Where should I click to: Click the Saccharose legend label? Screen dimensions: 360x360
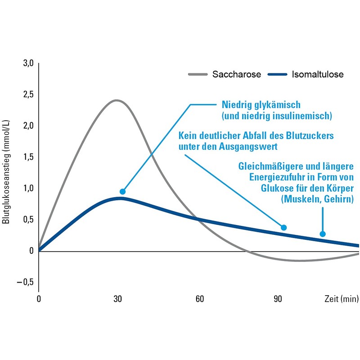point(237,75)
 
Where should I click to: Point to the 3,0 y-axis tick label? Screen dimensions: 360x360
point(28,63)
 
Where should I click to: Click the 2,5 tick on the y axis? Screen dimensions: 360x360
point(28,94)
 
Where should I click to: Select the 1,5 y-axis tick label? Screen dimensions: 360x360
point(28,157)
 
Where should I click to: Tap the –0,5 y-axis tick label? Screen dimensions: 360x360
point(26,282)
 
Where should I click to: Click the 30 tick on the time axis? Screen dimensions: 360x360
point(118,299)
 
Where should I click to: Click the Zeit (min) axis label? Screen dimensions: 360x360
point(341,299)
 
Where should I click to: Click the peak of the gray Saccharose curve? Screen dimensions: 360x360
point(117,100)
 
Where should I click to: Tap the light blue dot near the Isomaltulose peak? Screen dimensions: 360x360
point(122,192)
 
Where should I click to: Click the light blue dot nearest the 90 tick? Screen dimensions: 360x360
point(283,227)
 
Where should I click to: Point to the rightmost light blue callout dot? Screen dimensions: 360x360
point(322,234)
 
